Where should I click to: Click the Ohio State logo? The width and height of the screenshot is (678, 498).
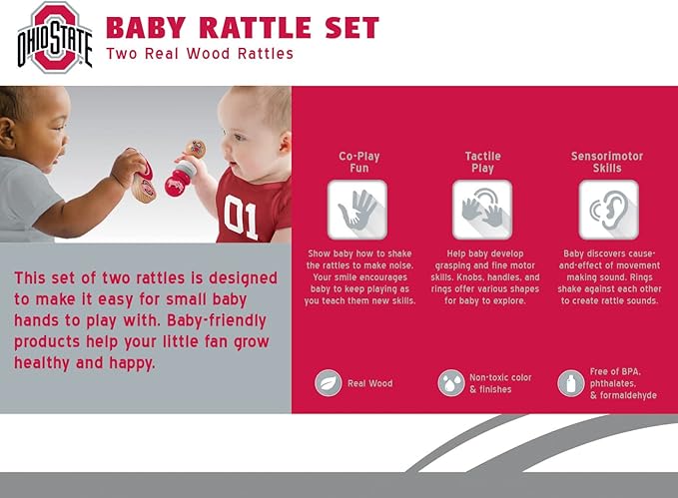[54, 37]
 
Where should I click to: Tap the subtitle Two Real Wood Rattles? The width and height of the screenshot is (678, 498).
[200, 54]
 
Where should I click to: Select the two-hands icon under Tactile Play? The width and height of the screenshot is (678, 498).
[482, 209]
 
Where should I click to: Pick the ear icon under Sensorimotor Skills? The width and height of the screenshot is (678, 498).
[607, 209]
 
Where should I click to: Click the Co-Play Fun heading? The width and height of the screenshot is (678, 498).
[358, 162]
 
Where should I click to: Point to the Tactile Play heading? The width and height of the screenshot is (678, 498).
[482, 162]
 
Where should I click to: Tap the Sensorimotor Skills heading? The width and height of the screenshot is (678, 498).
[607, 162]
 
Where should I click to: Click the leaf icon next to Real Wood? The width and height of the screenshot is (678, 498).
[328, 383]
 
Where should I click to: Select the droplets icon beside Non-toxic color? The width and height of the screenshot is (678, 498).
[450, 383]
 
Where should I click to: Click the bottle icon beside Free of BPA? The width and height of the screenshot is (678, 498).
[570, 383]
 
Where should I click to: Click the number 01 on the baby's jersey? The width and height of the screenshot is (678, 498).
[241, 216]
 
